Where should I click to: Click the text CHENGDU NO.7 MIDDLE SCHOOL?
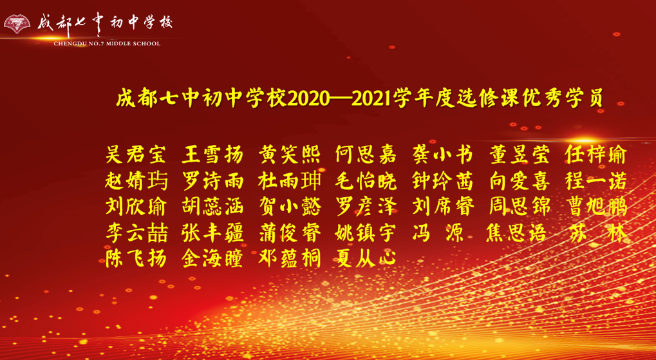point(107,44)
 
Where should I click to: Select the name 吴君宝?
point(135,155)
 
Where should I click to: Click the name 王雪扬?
point(212,155)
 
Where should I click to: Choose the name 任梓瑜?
point(595,155)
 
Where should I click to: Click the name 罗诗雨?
point(212,181)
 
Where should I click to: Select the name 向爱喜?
point(519,181)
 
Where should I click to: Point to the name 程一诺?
point(595,181)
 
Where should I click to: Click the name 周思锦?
point(519,207)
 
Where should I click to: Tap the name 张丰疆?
point(212,233)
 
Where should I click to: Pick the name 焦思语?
point(519,233)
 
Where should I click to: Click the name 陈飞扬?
point(135,259)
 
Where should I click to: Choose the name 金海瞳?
point(212,259)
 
